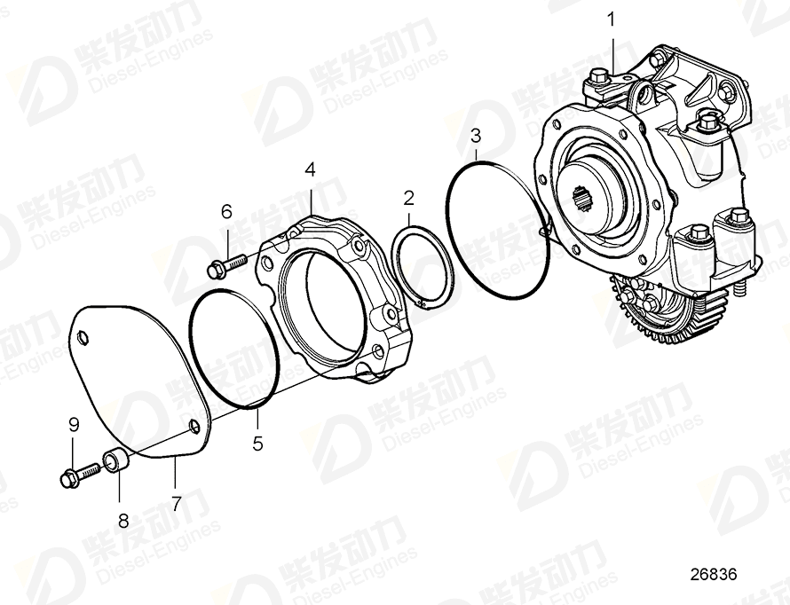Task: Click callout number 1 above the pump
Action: (x=612, y=18)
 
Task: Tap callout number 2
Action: (x=408, y=197)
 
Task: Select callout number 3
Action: (x=476, y=136)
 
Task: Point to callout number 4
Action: (x=310, y=169)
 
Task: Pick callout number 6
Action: (x=226, y=211)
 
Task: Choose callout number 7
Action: (x=177, y=504)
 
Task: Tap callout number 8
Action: (x=123, y=520)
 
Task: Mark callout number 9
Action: (x=75, y=426)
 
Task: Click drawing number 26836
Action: (x=715, y=574)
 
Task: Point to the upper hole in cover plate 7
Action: (x=83, y=337)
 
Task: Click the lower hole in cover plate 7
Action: (x=193, y=428)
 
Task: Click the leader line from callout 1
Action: (x=612, y=49)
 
